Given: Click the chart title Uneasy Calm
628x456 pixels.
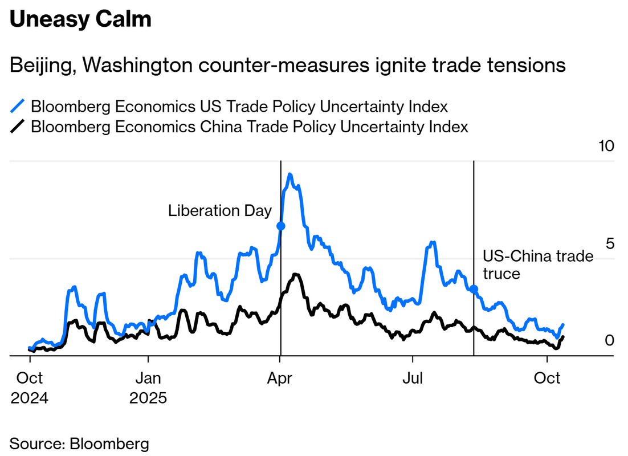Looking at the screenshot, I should (80, 20).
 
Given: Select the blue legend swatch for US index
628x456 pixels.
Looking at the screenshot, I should (18, 107).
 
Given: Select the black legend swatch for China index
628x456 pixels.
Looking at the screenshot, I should (18, 127).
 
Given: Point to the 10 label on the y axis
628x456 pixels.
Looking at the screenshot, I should (606, 146).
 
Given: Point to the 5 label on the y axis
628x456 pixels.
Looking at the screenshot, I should (609, 243).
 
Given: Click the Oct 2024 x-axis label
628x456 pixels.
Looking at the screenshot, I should (29, 386).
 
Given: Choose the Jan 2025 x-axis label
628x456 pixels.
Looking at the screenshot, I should (148, 386).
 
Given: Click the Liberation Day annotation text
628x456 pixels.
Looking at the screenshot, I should (220, 211).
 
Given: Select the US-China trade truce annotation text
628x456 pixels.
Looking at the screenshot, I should (537, 264).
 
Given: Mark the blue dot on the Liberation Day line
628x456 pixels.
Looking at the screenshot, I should (280, 226).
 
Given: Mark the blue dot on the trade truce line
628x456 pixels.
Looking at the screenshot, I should (474, 289).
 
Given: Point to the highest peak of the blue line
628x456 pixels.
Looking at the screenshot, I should (290, 174).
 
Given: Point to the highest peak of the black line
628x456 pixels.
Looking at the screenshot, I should (295, 275).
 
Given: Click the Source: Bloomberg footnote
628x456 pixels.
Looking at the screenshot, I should (79, 443).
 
